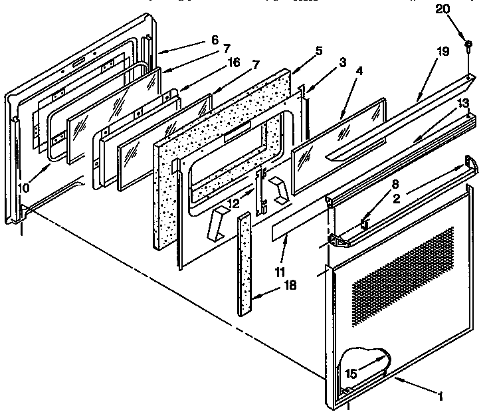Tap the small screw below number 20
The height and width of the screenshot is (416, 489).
tap(470, 46)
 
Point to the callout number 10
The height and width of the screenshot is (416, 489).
tap(24, 188)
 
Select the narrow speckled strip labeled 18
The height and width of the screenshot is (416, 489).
tap(245, 262)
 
